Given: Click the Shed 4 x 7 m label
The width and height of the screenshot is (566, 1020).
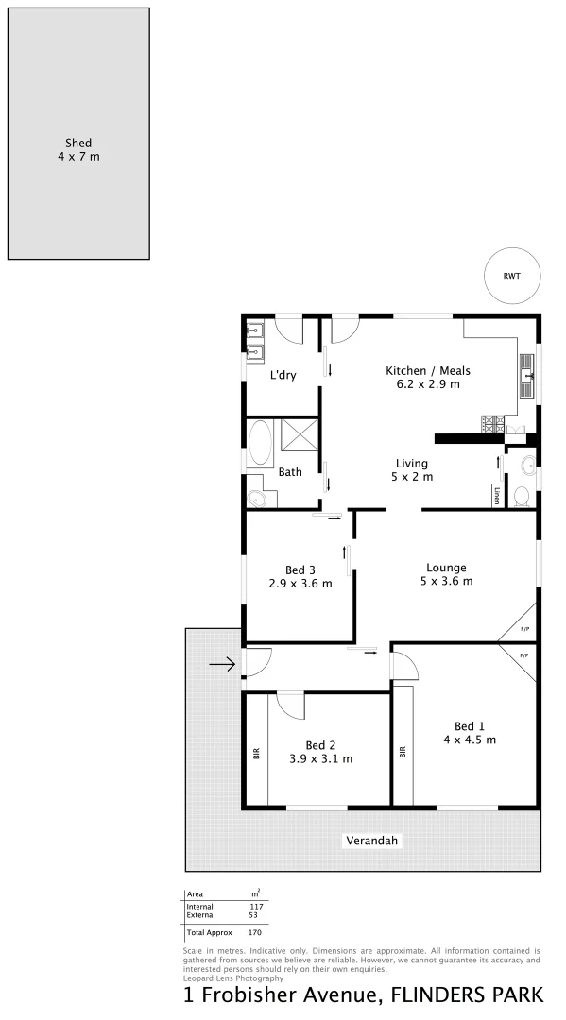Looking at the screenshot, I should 78,149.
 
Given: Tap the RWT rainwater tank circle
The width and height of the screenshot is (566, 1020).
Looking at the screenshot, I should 511,277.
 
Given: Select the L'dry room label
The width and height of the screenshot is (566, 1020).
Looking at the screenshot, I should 283,375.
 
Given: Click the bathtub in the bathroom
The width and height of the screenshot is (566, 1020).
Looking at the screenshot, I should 260,443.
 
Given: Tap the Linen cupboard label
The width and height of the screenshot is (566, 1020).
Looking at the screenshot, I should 496,495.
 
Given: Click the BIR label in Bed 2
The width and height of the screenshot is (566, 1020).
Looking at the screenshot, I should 256,754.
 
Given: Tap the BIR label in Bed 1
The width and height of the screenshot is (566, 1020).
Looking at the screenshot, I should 403,753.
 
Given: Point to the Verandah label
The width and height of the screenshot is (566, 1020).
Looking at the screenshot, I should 364,840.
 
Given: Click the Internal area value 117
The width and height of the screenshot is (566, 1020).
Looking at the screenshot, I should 255,906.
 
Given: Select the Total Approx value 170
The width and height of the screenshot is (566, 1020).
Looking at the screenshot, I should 254,932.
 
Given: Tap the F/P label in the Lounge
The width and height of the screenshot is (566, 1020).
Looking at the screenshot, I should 525,630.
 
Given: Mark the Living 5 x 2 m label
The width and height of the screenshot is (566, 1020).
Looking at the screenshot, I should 413,470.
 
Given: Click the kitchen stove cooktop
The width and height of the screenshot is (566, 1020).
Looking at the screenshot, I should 490,424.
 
